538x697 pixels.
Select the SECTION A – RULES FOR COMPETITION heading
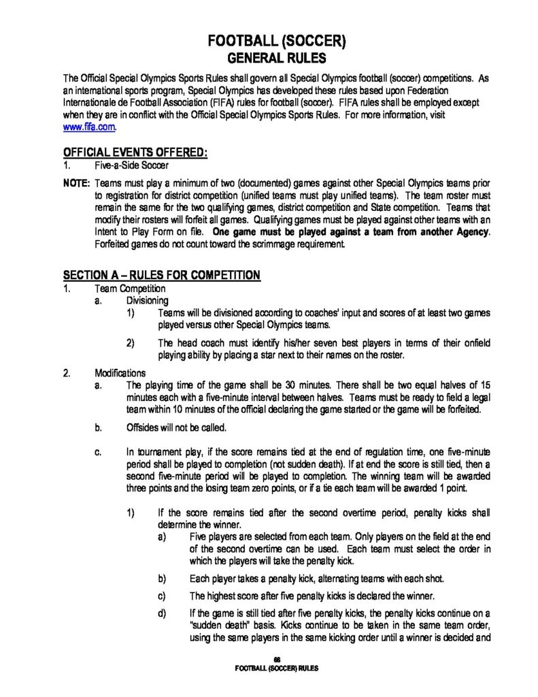coord(161,275)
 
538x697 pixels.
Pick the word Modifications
coord(120,373)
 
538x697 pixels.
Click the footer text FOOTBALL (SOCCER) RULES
coord(276,668)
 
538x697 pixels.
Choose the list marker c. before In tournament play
coord(99,451)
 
